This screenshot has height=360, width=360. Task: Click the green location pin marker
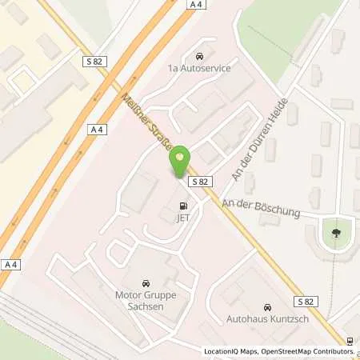tap(180, 162)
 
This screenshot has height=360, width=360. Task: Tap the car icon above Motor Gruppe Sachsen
tap(145, 284)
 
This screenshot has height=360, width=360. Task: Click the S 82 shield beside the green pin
tap(200, 182)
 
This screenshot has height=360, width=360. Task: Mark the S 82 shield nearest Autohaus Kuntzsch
tap(306, 302)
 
